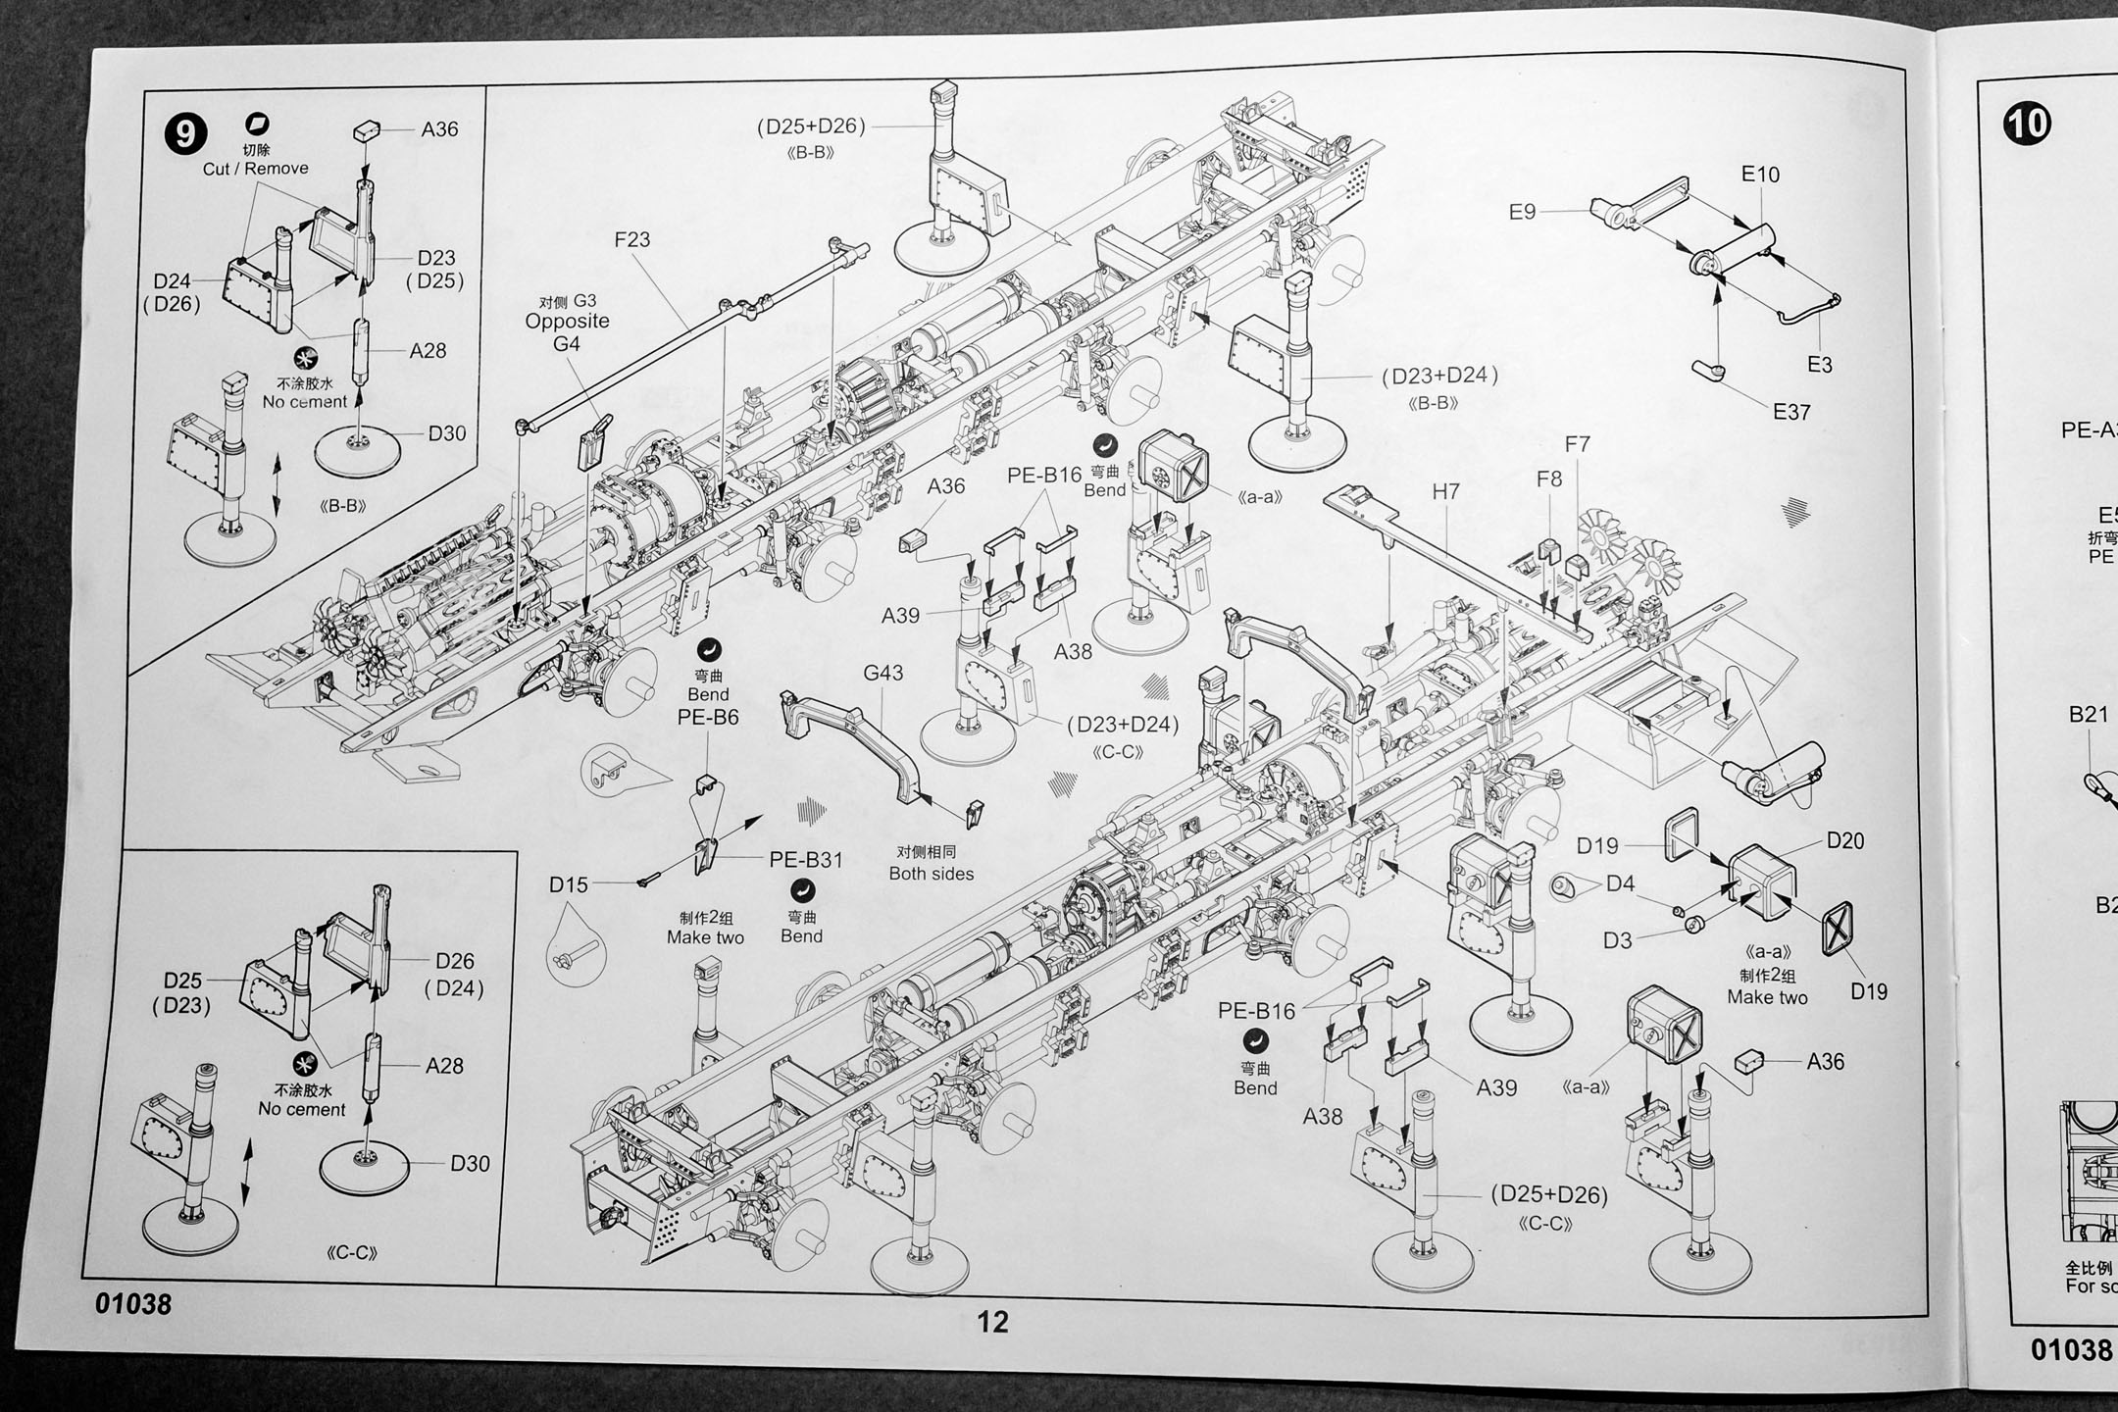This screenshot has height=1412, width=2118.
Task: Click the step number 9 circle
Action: (186, 132)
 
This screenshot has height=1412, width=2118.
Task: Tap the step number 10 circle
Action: (2027, 124)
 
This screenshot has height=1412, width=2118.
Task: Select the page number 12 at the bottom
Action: (992, 1322)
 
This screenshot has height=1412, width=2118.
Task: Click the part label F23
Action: (631, 239)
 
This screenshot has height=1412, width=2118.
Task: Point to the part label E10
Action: (1760, 175)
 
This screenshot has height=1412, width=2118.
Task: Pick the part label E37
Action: (1791, 412)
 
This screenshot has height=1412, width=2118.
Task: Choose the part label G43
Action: (883, 673)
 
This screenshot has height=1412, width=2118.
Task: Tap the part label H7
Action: (1445, 491)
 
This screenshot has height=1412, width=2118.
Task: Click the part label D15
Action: (569, 884)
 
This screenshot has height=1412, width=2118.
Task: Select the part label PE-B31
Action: (806, 859)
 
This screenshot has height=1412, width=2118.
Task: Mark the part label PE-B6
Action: (708, 717)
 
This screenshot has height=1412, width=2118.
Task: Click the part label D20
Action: (1845, 840)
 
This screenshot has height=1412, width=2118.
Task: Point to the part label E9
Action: (1522, 212)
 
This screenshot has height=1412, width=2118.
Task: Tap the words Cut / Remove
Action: (255, 169)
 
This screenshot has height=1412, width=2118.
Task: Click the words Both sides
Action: (931, 874)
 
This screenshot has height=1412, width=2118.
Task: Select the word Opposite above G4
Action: (567, 322)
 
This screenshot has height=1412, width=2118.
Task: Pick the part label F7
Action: (1577, 444)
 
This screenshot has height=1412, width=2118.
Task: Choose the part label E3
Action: (1819, 365)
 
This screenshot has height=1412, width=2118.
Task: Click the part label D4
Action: (1620, 883)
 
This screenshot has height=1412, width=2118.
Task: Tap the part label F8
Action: (1549, 479)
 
